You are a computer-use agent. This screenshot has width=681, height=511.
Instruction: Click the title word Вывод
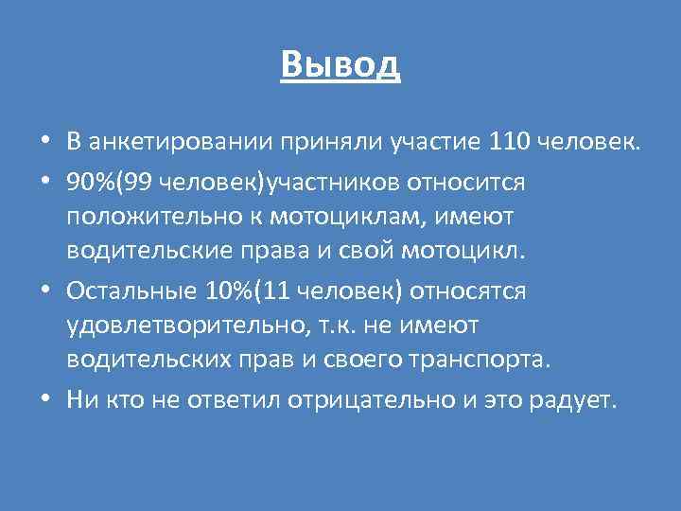click(x=340, y=63)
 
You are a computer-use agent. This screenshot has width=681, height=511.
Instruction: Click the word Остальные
click(x=125, y=291)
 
